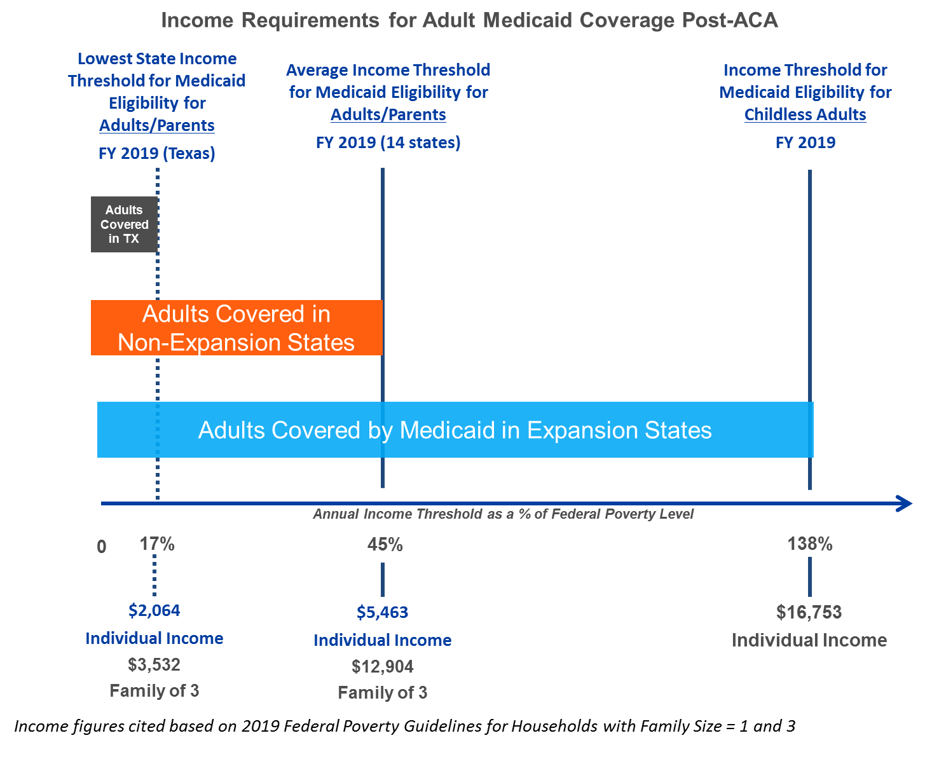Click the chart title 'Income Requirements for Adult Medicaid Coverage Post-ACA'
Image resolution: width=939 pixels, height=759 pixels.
pyautogui.click(x=469, y=20)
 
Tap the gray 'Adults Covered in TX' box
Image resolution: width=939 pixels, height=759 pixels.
pyautogui.click(x=124, y=224)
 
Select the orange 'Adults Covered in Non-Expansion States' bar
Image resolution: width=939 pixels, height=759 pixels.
pyautogui.click(x=236, y=328)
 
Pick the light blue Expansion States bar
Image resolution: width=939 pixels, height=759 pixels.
pyautogui.click(x=455, y=430)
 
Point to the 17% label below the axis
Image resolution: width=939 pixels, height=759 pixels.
pyautogui.click(x=157, y=544)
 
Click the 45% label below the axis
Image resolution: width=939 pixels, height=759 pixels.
pyautogui.click(x=385, y=545)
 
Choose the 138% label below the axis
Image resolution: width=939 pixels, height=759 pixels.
pyautogui.click(x=810, y=544)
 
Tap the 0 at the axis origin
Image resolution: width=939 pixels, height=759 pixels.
pyautogui.click(x=101, y=547)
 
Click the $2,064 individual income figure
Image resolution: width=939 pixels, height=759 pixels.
pyautogui.click(x=154, y=610)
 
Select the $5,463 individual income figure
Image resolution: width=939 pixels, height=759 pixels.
pyautogui.click(x=382, y=612)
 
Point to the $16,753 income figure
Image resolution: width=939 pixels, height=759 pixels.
pyautogui.click(x=809, y=612)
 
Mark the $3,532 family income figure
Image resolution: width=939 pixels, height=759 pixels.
pyautogui.click(x=154, y=665)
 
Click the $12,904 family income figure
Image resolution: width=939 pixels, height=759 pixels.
pyautogui.click(x=382, y=666)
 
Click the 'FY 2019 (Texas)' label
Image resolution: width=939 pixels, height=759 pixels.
pyautogui.click(x=157, y=153)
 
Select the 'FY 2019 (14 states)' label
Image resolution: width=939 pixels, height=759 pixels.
pyautogui.click(x=388, y=142)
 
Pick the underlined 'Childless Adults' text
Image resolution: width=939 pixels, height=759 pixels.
pyautogui.click(x=805, y=114)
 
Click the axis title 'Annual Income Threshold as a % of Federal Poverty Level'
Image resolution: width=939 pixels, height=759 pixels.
pyautogui.click(x=503, y=514)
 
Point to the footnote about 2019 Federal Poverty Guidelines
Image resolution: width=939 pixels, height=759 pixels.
pyautogui.click(x=405, y=727)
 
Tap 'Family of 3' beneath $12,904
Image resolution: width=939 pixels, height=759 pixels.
pyautogui.click(x=382, y=692)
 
